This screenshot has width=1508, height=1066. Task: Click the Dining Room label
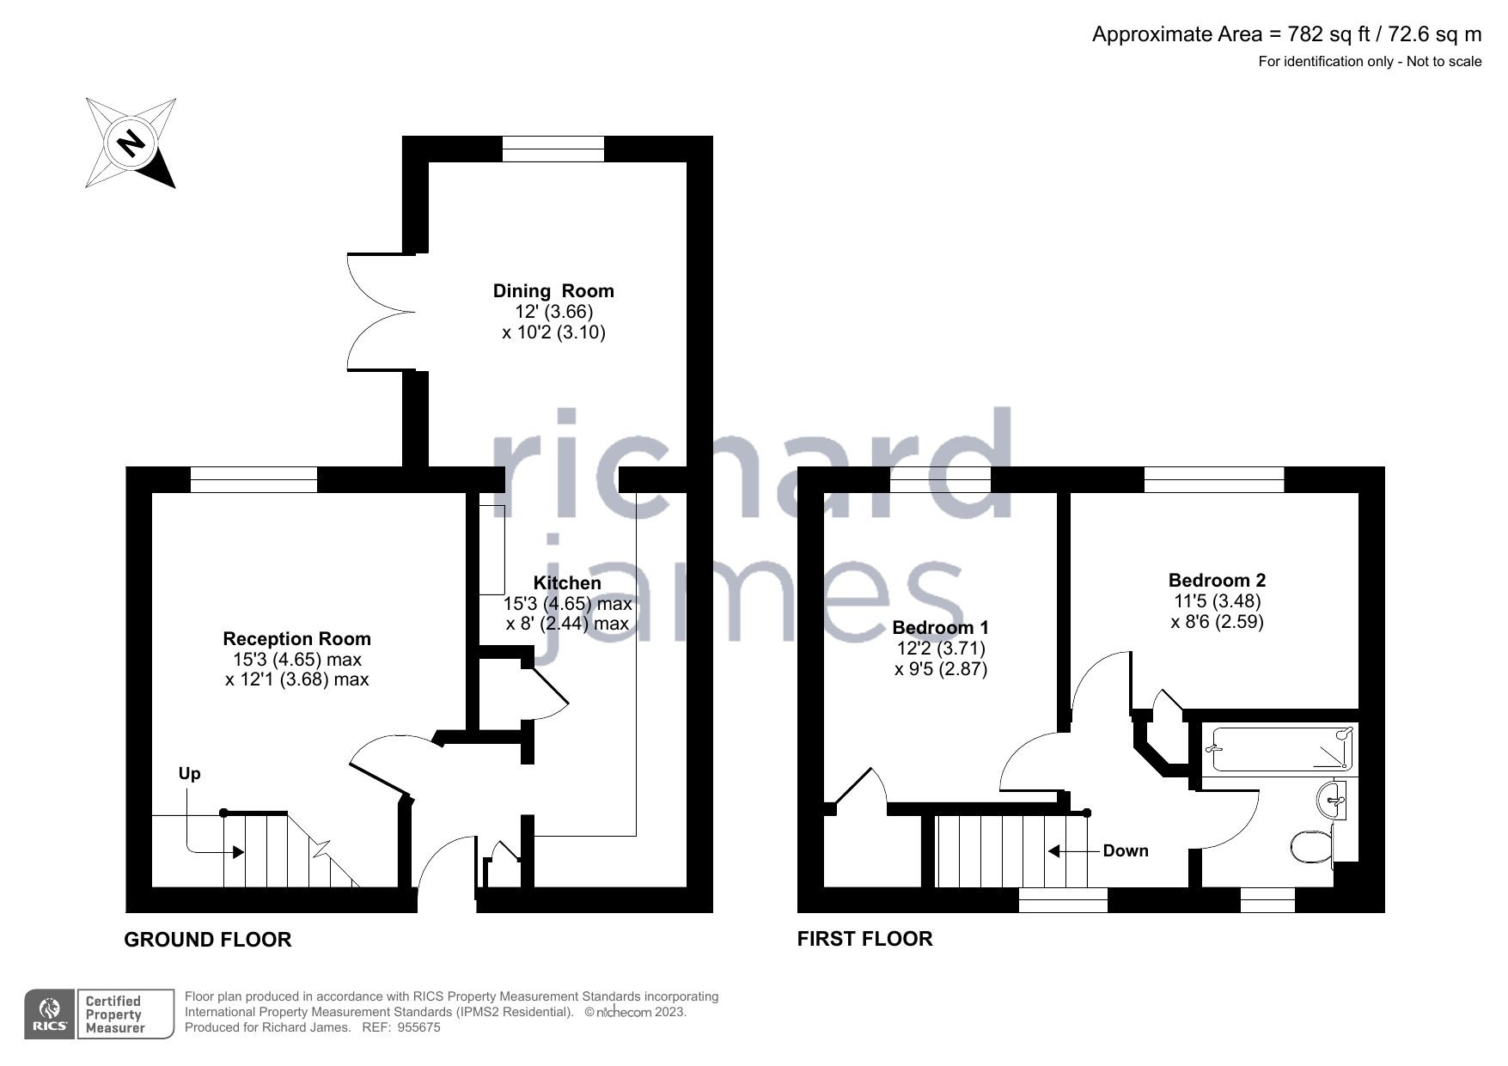point(553,290)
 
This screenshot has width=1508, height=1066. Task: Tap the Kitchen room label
point(567,582)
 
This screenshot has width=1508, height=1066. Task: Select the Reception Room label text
point(296,638)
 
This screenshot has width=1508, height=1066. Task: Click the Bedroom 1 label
point(940,627)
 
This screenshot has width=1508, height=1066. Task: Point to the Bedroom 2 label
point(1217,580)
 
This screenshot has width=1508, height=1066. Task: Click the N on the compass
point(131,143)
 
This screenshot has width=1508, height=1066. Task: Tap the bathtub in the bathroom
point(1280,749)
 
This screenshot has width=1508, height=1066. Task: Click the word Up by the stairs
point(189,773)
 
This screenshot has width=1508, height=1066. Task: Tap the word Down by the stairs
point(1125,850)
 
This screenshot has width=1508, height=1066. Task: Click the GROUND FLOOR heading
point(208,940)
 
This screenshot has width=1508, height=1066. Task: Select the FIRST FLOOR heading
point(864,938)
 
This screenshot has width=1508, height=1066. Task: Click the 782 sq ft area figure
point(1318,34)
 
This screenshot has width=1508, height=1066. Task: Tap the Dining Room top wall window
point(553,149)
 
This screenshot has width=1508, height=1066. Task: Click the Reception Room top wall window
point(253,479)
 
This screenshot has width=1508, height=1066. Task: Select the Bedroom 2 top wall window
point(1213,479)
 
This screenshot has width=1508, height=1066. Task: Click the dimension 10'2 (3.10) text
point(553,332)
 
